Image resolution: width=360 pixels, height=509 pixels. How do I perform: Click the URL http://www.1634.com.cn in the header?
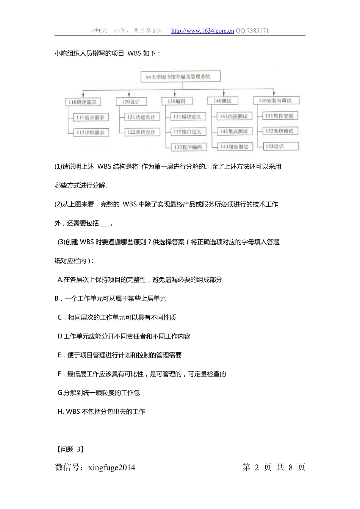coord(202,31)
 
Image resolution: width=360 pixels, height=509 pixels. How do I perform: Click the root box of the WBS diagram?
coord(180,77)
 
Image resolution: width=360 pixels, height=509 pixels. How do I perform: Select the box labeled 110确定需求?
coord(83,102)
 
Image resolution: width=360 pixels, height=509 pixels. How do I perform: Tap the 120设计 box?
coord(131,102)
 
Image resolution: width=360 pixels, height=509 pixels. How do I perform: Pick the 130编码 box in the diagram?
coord(177,101)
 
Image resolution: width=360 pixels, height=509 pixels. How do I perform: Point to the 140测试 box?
coord(222,101)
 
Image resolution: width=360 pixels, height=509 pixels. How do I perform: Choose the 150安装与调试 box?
coord(275,101)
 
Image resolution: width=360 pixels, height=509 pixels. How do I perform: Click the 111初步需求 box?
coord(90,117)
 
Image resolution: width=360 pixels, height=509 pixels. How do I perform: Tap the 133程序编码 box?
coord(188,147)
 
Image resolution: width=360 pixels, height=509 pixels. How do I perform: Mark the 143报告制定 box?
coord(235,147)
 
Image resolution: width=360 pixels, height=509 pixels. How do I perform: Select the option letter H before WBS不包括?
coord(60,412)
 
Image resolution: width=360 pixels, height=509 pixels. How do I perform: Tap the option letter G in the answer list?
coord(60,393)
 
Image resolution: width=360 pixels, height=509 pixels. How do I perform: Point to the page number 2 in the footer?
coord(257,467)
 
